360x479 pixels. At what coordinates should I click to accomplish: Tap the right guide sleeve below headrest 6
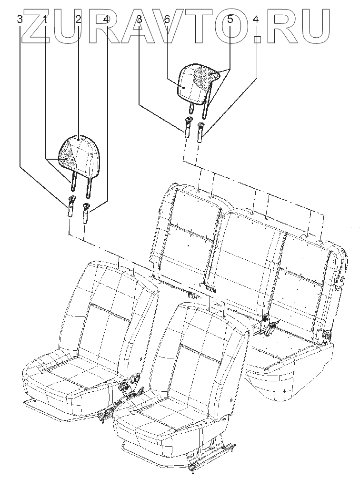[200, 131]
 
